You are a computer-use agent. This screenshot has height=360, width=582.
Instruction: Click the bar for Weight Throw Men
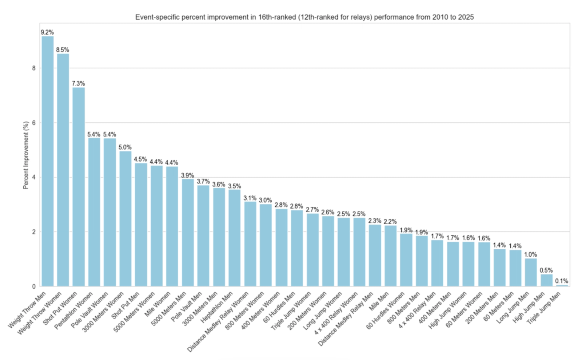[48, 161]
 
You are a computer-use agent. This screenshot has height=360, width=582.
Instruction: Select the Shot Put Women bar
[79, 187]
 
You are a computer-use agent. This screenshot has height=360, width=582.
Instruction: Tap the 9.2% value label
[47, 32]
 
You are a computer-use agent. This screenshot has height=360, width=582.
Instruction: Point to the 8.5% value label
[63, 50]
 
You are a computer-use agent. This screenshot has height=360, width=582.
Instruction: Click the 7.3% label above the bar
[78, 83]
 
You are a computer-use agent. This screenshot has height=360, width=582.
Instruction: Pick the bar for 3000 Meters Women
[125, 219]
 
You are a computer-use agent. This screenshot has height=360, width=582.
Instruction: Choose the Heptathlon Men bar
[235, 238]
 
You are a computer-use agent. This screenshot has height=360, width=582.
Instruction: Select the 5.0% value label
[125, 147]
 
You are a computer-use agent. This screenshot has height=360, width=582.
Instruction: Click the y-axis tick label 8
[34, 68]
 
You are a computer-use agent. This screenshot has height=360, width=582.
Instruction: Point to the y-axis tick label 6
[34, 123]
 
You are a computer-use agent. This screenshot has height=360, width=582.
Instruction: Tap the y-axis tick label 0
[34, 286]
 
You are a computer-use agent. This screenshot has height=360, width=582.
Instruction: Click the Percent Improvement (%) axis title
[26, 155]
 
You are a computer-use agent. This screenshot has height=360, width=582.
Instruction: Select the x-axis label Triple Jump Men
[544, 308]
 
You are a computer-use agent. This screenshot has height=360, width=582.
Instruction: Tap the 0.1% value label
[562, 281]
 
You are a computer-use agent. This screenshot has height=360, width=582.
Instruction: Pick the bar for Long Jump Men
[531, 272]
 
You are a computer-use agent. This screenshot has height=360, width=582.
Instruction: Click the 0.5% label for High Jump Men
[546, 270]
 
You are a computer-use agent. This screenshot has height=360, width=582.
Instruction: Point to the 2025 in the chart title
[466, 17]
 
